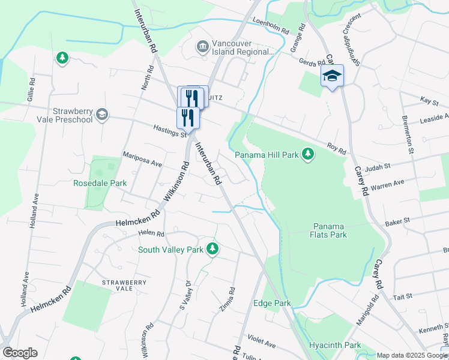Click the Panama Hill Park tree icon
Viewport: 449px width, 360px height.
308,155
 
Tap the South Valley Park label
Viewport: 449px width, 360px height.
170,250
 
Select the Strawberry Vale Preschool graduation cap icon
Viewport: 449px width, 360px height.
103,115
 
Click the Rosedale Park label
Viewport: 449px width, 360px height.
92,183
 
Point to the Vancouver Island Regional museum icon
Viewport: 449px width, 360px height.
202,46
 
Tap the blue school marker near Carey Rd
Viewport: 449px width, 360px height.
332,77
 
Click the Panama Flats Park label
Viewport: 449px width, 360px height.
329,230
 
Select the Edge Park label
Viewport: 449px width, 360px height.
272,304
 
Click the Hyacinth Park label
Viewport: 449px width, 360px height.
335,345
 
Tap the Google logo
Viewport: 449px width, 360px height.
20,353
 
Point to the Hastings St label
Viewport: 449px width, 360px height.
170,130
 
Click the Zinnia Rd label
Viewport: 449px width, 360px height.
227,299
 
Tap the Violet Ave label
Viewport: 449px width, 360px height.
261,343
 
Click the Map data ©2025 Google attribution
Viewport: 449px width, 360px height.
411,355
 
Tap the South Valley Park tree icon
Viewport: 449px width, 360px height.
212,248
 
